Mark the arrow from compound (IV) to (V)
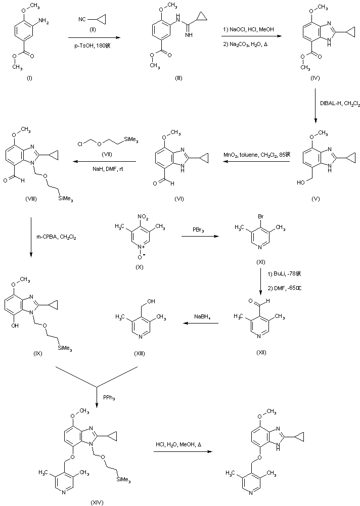pyautogui.click(x=316, y=106)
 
